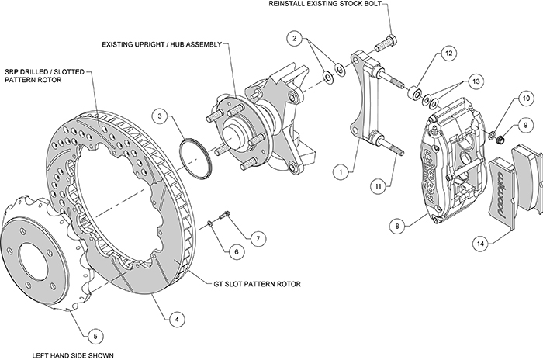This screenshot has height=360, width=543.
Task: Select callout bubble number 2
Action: [296, 37]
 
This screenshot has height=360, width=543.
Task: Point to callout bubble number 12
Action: [449, 54]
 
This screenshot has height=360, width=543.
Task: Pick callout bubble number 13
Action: [476, 81]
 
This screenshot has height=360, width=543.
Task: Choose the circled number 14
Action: [482, 244]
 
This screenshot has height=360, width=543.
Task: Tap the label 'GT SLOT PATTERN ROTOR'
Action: [257, 284]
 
